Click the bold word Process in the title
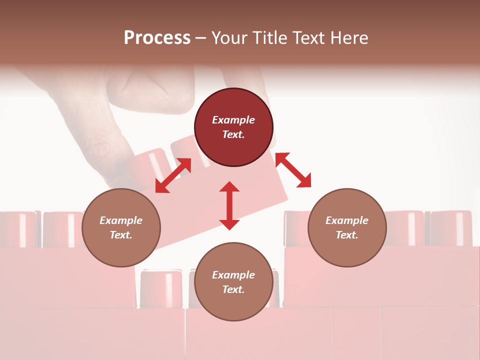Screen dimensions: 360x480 157,38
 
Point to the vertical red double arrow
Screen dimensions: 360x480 229,206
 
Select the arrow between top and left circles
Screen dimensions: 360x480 173,175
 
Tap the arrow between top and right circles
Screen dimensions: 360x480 293,170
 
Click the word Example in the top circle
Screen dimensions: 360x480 233,120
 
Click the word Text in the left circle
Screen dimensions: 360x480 121,235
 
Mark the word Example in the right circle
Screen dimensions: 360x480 347,220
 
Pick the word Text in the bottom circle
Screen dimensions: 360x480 233,289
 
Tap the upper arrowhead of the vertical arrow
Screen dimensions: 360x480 229,187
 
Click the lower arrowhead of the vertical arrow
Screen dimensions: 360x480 229,224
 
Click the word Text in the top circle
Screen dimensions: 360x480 233,134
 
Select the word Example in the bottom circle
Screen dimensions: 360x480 233,275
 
